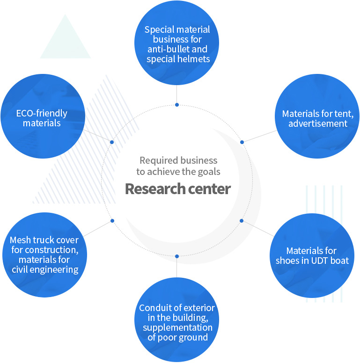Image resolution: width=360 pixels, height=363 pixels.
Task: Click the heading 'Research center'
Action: [x=177, y=189]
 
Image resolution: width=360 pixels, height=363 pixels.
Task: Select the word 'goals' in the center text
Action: [x=209, y=172]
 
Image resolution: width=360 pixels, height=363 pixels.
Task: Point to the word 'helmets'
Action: [x=193, y=59]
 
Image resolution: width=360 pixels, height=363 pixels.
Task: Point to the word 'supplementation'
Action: [x=177, y=327]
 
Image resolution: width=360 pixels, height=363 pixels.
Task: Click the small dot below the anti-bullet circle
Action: [x=177, y=105]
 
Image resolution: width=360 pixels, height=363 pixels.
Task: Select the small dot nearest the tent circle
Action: [x=242, y=142]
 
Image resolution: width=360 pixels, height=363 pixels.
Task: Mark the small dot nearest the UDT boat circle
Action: [x=242, y=220]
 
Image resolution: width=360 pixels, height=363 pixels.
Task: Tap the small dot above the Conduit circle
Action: [x=177, y=256]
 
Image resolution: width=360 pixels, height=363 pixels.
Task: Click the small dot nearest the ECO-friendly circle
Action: [x=112, y=142]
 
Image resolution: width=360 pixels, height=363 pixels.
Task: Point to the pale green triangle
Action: [x=65, y=42]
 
